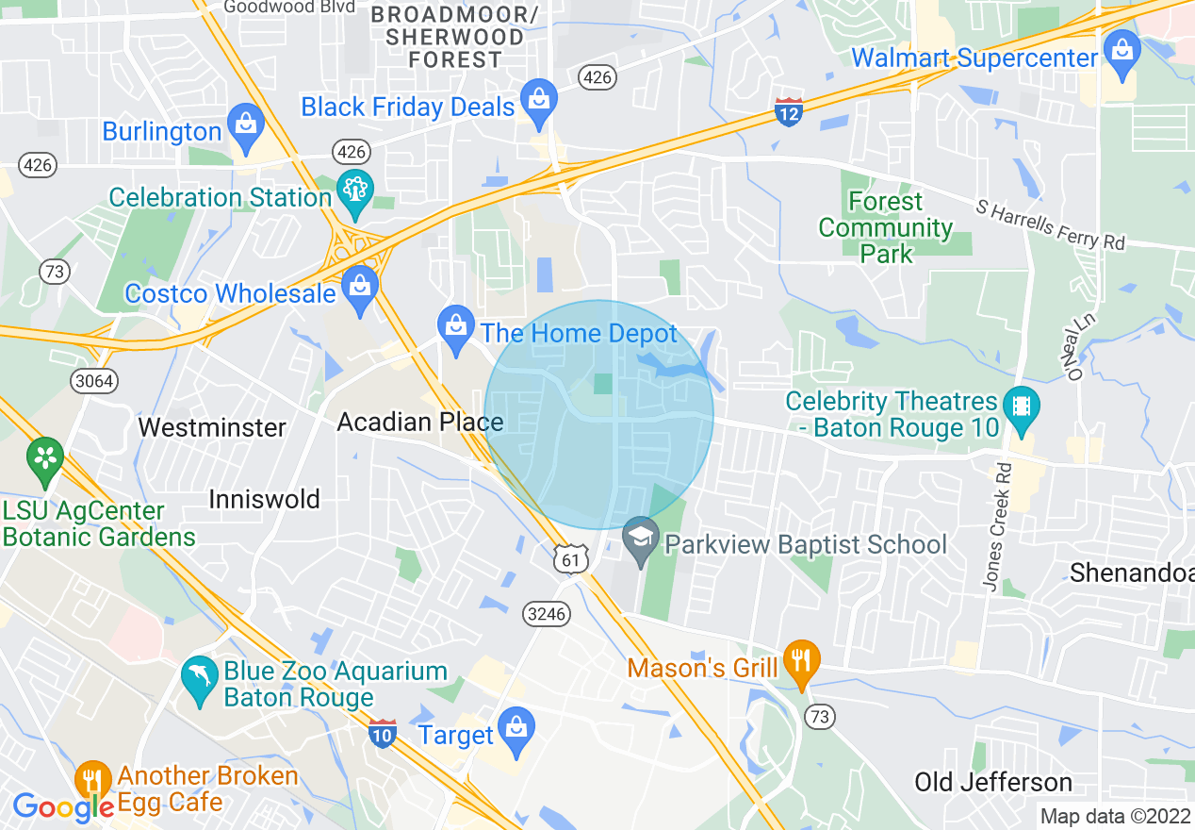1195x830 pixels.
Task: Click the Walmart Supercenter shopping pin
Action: click(1121, 52)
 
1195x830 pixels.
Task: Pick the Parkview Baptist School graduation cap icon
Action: click(642, 542)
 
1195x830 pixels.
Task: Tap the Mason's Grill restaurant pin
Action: click(801, 663)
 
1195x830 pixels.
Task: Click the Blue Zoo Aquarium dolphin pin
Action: click(199, 680)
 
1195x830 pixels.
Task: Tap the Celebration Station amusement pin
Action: click(356, 191)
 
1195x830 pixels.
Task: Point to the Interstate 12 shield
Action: click(789, 111)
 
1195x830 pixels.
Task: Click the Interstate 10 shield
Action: click(382, 733)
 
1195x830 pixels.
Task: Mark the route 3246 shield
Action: click(547, 614)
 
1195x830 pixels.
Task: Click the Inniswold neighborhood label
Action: click(265, 499)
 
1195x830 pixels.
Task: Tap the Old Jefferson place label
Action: click(993, 782)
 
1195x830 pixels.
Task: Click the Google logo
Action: click(63, 806)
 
